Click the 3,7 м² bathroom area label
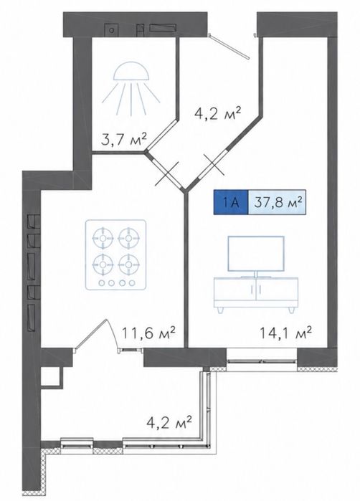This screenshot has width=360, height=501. click(124, 140)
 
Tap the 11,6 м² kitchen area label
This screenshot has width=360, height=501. click(149, 333)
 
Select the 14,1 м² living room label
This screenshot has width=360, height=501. click(285, 333)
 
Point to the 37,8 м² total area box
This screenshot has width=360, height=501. click(278, 202)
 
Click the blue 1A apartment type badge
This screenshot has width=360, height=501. click(231, 202)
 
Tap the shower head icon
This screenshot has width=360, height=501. click(131, 88)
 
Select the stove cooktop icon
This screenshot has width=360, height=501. click(115, 255)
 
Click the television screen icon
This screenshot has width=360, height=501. click(256, 254)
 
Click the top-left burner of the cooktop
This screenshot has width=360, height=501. click(103, 239)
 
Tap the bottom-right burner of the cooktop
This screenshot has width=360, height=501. click(128, 265)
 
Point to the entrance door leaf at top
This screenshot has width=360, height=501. click(229, 47)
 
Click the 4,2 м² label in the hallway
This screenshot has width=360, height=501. click(217, 114)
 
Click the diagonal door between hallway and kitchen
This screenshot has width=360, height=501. click(166, 173)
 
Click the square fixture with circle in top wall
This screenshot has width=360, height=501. click(112, 30)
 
